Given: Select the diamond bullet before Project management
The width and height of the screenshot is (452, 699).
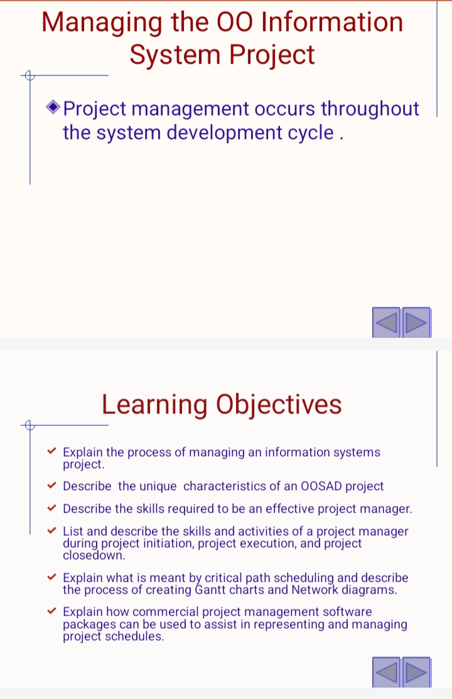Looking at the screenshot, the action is click(53, 107).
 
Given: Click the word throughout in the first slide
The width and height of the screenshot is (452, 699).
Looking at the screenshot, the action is click(370, 109).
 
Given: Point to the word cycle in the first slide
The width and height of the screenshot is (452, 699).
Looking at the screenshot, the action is click(311, 133).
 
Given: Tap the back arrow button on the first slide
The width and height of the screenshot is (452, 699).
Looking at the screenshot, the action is click(386, 322).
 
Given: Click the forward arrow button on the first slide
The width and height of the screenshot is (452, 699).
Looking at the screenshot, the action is click(416, 322).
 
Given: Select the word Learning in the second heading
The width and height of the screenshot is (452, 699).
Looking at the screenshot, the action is click(154, 406).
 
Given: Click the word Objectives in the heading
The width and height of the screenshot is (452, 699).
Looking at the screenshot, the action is click(279, 405).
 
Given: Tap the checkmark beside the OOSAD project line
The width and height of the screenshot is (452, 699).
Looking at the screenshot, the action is click(51, 485).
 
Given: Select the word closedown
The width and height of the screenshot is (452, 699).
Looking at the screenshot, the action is click(94, 555).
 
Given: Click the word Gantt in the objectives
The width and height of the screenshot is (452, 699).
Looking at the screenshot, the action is click(210, 590).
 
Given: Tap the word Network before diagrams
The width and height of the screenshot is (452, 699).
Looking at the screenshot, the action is click(315, 590).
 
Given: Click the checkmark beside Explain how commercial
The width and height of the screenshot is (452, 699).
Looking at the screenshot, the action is click(51, 610).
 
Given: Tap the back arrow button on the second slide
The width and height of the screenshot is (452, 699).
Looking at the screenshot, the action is click(386, 672).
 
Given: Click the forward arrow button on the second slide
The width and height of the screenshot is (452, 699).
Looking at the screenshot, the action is click(416, 672).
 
